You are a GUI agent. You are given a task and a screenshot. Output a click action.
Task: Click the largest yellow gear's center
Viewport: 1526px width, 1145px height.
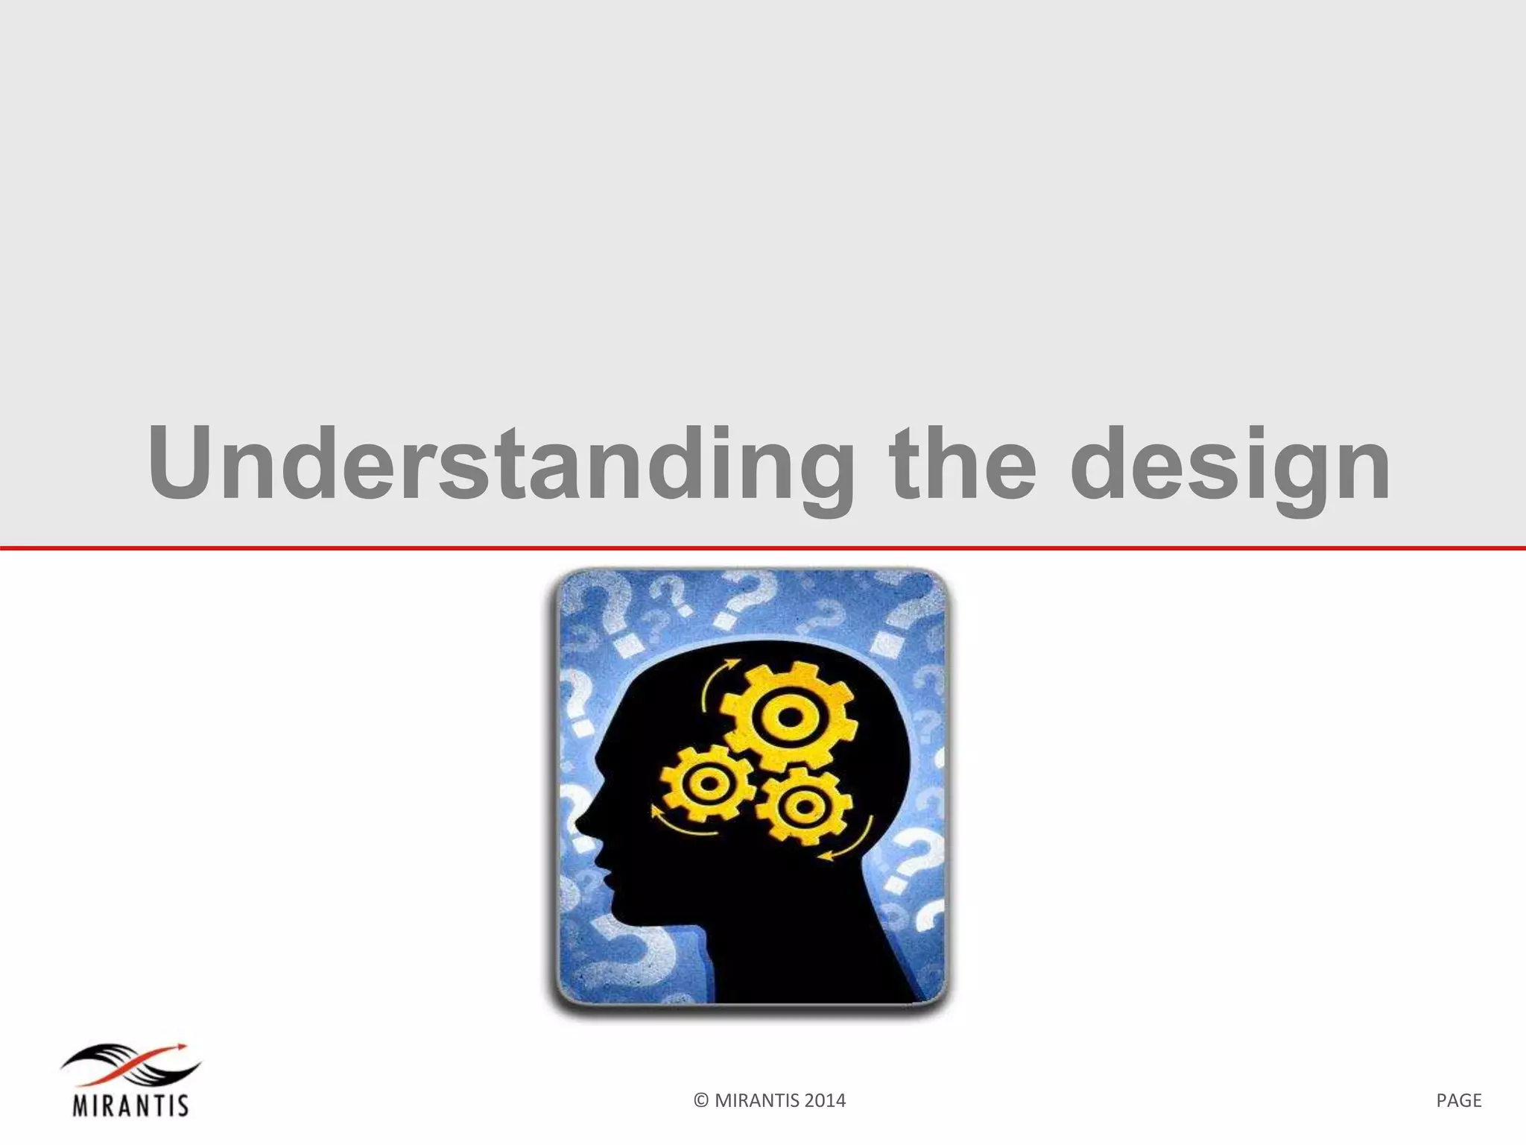[x=790, y=717]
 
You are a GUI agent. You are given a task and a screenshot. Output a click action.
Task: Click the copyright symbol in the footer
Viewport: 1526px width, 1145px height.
[x=700, y=1101]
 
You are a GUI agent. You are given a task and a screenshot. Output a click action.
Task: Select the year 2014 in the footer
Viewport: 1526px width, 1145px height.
[x=824, y=1101]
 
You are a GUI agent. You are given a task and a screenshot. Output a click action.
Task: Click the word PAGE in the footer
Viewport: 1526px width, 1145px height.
[x=1458, y=1101]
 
